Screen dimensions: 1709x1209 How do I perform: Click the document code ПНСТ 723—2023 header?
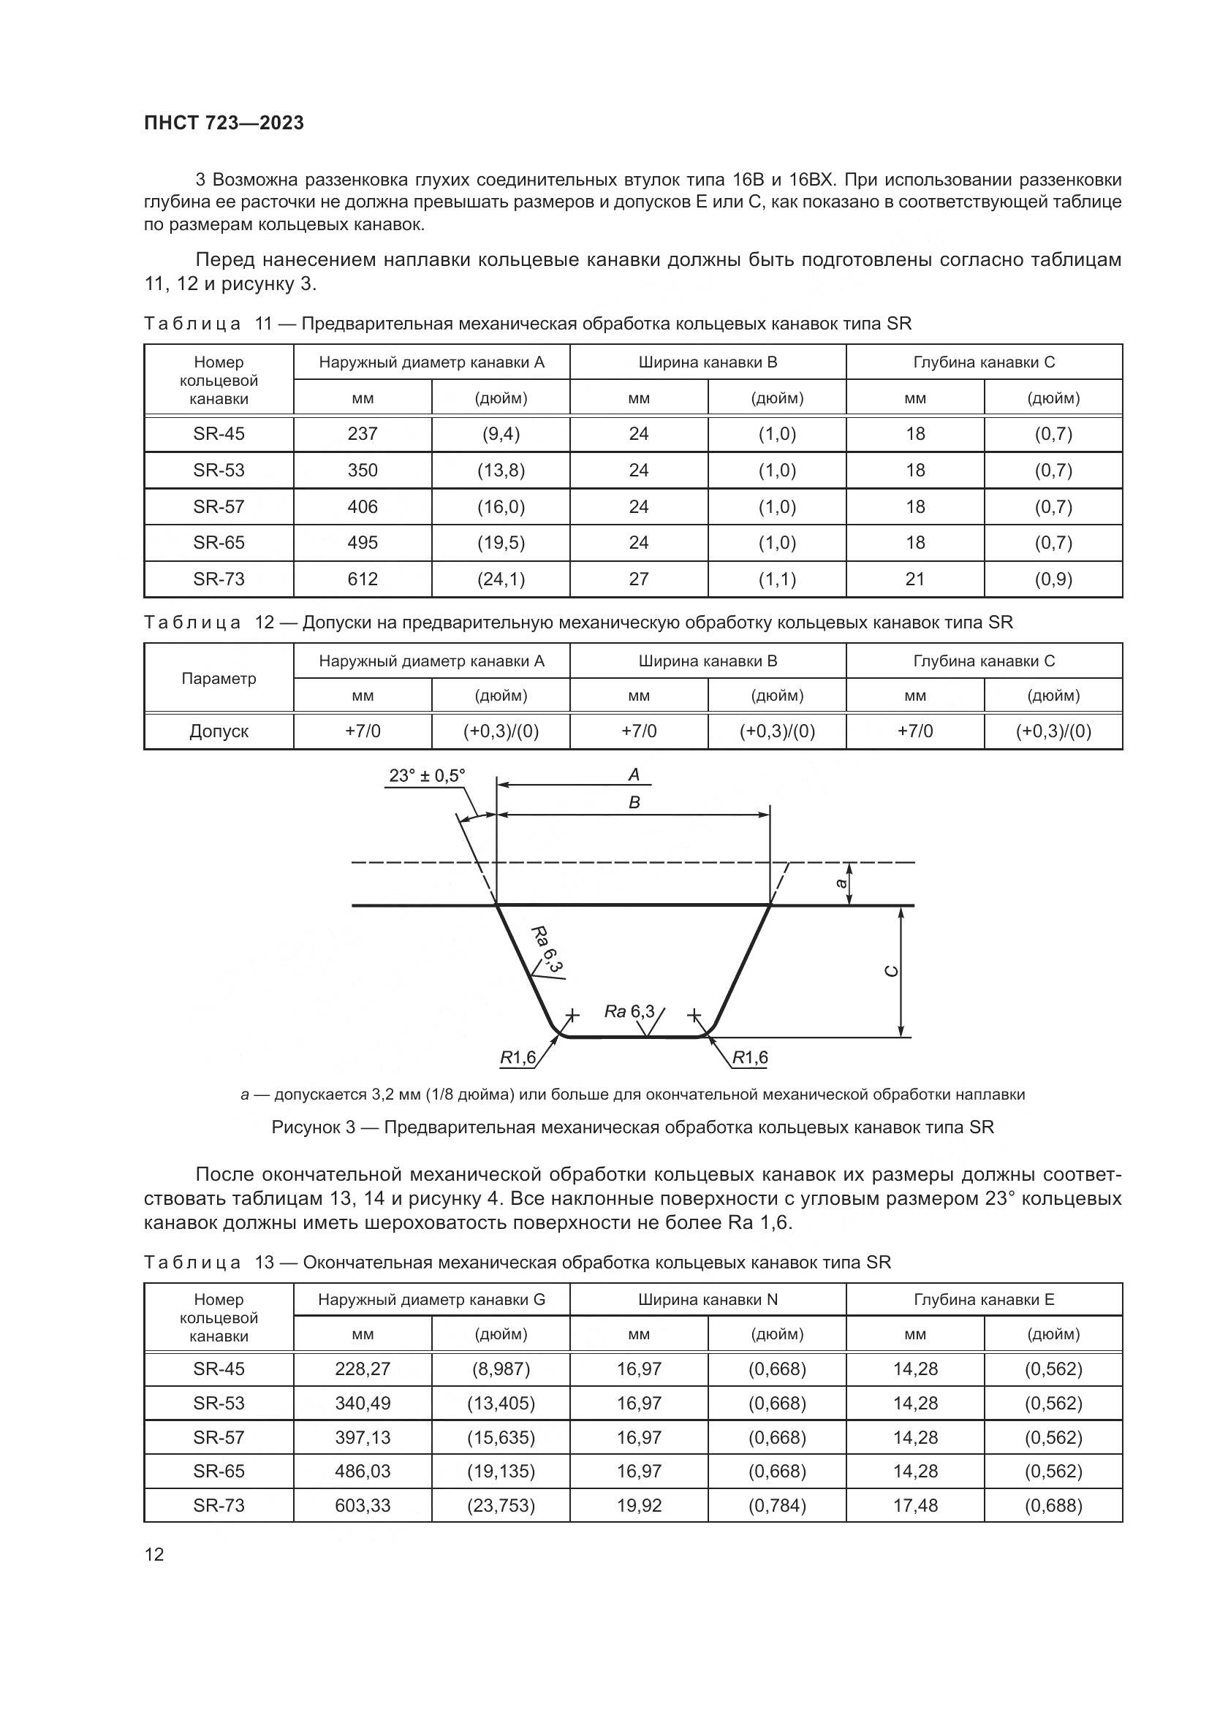(224, 123)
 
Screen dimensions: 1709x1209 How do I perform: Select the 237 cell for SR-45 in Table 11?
(363, 434)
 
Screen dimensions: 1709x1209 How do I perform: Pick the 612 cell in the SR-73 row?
(363, 579)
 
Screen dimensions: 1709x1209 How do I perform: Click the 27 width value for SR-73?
(639, 579)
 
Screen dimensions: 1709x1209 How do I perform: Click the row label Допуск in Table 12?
(219, 731)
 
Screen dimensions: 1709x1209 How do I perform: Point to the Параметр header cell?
(219, 678)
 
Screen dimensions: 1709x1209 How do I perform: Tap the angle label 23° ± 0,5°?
(427, 776)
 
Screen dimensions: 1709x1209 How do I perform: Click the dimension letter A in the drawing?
(634, 774)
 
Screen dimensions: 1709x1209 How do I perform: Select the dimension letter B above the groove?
(634, 802)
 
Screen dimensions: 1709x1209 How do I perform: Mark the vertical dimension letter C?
(891, 970)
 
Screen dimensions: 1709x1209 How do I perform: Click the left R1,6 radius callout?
(518, 1058)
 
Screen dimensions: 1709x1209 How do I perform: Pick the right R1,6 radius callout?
(750, 1058)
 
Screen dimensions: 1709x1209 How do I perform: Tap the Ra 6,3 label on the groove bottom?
(630, 1011)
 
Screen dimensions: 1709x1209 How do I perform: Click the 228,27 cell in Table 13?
(363, 1369)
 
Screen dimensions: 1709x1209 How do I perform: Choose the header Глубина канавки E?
(984, 1300)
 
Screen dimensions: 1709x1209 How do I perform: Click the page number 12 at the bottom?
(154, 1554)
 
